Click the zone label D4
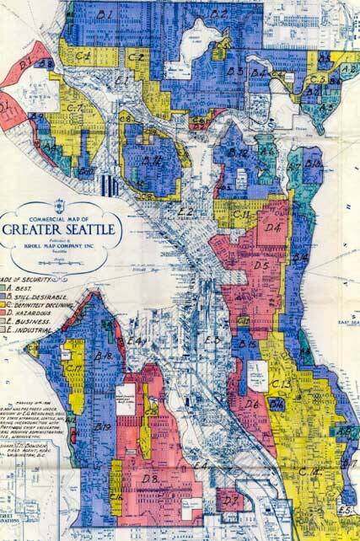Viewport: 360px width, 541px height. point(272,228)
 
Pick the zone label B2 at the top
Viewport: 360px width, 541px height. point(219,13)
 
